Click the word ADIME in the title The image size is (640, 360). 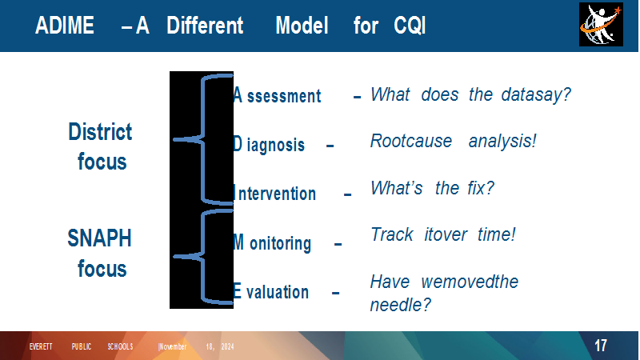[x=65, y=26]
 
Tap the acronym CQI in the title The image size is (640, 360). [x=410, y=26]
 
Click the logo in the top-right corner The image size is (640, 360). [x=601, y=25]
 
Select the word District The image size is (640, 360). [x=100, y=132]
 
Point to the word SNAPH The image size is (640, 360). [x=99, y=238]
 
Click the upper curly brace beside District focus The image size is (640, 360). [x=203, y=139]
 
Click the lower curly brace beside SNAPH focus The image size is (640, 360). [x=203, y=257]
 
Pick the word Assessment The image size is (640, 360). [x=277, y=95]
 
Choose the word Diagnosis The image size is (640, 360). [x=269, y=145]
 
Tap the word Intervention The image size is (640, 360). [x=274, y=194]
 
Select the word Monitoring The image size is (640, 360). [x=272, y=243]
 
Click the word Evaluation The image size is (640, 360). [x=270, y=292]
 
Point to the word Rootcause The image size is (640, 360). [x=411, y=142]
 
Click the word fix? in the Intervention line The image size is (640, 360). [x=481, y=188]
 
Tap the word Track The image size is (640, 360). [x=392, y=234]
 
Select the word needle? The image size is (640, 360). [x=401, y=305]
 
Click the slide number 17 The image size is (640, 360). [x=601, y=346]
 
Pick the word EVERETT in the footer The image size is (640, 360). [x=41, y=346]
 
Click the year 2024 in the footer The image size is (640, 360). [x=227, y=346]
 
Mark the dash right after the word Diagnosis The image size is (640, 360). [x=330, y=146]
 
